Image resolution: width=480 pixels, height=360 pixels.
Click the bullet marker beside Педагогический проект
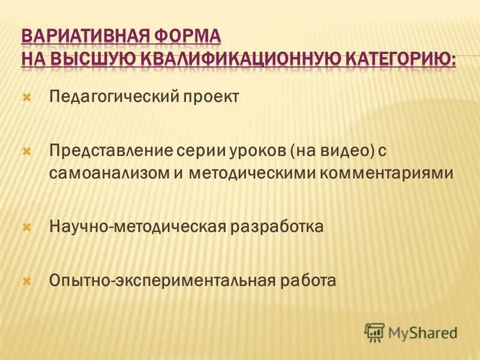point(26,96)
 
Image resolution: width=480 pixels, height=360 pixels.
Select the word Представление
point(112,150)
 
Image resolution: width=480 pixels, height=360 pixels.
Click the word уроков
point(254,150)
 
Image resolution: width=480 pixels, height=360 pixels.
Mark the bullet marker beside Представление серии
point(26,150)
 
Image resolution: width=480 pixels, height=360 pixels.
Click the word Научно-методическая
point(137,227)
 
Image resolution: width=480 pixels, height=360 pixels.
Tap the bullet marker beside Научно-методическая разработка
point(26,227)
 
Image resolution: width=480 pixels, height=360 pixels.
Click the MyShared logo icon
point(374,332)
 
